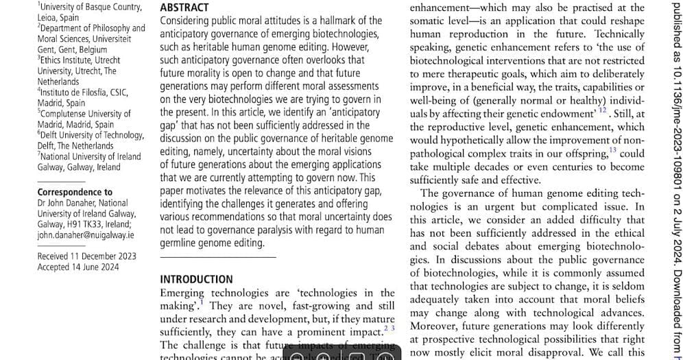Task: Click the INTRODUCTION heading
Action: point(196,279)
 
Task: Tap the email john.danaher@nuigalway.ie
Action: point(86,235)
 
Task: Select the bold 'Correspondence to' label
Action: point(75,192)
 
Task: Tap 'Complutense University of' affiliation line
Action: point(86,114)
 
